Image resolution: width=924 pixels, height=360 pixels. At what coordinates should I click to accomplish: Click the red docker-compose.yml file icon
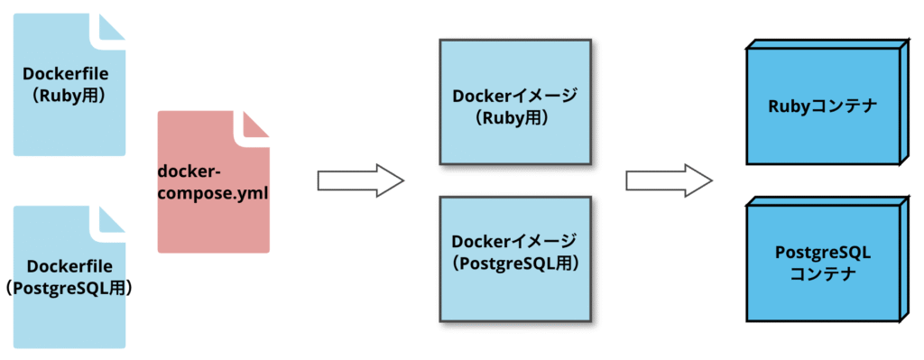coord(213,208)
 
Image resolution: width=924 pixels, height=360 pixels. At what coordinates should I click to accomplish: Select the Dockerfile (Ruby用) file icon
coord(69,126)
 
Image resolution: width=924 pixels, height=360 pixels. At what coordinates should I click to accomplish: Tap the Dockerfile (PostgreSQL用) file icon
coord(69,316)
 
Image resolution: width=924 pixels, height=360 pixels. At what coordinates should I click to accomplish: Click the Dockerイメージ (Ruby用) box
coord(513,102)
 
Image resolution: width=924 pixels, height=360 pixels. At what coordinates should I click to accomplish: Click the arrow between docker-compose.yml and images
coord(359,180)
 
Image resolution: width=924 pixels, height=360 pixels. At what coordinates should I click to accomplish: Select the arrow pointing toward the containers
coord(669,180)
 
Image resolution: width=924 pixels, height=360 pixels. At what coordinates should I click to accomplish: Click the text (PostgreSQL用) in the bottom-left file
coord(69,289)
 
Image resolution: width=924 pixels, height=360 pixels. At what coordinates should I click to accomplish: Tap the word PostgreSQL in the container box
coord(822,252)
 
